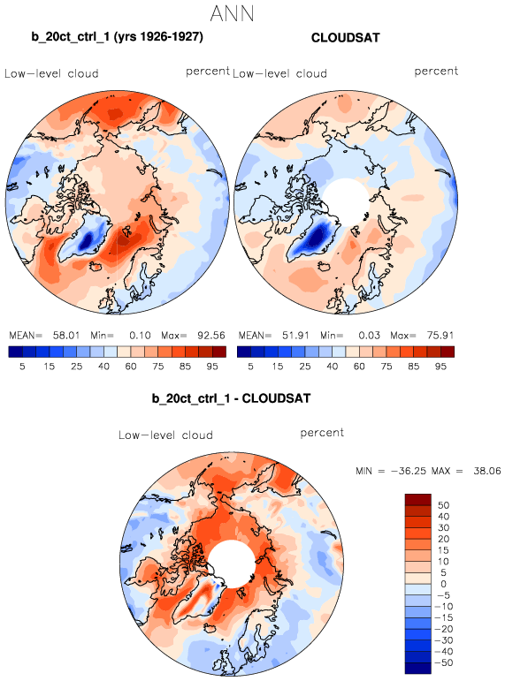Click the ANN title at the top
pyautogui.click(x=232, y=13)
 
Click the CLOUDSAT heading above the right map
pyautogui.click(x=346, y=38)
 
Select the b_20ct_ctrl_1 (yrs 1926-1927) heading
pyautogui.click(x=117, y=36)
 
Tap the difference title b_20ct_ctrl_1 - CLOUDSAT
pyautogui.click(x=231, y=398)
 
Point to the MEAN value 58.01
pyautogui.click(x=66, y=336)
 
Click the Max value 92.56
pyautogui.click(x=211, y=336)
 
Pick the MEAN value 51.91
pyautogui.click(x=295, y=336)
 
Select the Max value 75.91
pyautogui.click(x=440, y=336)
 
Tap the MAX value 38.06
pyautogui.click(x=487, y=471)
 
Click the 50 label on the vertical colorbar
pyautogui.click(x=443, y=505)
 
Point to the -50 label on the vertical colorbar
pyautogui.click(x=443, y=662)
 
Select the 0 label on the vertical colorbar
pyautogui.click(x=443, y=584)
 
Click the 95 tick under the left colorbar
pyautogui.click(x=212, y=367)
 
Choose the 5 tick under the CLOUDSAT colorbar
pyautogui.click(x=250, y=367)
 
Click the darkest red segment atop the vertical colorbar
pyautogui.click(x=418, y=499)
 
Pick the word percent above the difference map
pyautogui.click(x=322, y=433)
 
